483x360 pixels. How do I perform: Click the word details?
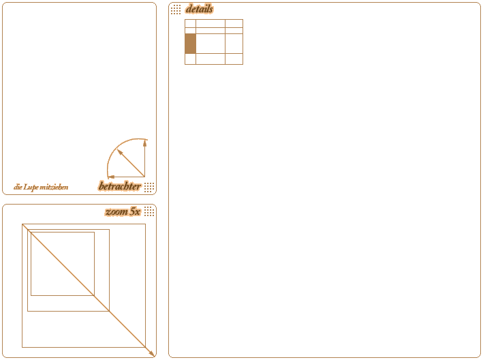pos(200,9)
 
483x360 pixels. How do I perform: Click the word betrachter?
pos(119,186)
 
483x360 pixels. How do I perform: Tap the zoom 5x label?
pos(123,212)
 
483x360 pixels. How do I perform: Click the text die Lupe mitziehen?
pos(41,187)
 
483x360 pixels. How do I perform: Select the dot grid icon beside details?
pos(176,10)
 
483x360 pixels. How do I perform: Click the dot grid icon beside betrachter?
pos(149,187)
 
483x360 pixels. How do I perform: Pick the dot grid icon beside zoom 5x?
pos(149,211)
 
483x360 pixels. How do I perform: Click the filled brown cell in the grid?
pos(190,44)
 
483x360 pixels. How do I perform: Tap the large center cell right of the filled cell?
pos(211,44)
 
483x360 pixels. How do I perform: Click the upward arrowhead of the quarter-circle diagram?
pos(145,143)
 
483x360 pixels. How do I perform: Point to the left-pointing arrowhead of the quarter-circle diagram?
pos(111,177)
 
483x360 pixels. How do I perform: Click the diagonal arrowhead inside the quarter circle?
pos(120,152)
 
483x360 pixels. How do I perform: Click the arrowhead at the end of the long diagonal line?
pos(151,354)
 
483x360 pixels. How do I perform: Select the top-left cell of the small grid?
pos(190,23)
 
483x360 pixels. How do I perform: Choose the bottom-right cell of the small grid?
pos(234,59)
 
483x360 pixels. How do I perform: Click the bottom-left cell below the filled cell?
pos(190,59)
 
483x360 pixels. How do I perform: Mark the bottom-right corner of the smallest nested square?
pos(94,296)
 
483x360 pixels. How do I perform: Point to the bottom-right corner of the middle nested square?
pos(110,311)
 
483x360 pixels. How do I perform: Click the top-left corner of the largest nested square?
pos(22,224)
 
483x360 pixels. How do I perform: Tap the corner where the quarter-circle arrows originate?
pos(145,177)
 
